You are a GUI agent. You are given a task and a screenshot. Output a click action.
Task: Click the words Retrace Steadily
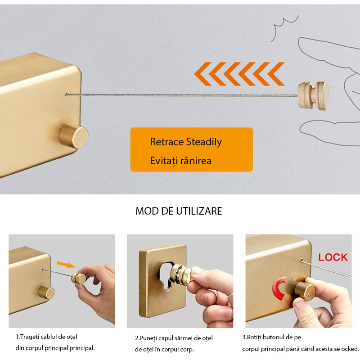[x=186, y=142]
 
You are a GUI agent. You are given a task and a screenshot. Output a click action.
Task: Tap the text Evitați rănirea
[x=181, y=161]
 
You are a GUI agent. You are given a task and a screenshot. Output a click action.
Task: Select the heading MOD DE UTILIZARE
[x=179, y=211]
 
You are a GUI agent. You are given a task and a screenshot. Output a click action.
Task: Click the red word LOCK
[x=333, y=257]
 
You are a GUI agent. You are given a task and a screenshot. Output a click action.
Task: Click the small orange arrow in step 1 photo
[x=66, y=265]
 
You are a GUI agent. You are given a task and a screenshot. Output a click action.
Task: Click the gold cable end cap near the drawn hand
[x=313, y=95]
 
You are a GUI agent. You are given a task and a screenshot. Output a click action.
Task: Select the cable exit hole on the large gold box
[x=66, y=94]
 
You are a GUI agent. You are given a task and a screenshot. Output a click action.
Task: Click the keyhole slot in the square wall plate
[x=165, y=277]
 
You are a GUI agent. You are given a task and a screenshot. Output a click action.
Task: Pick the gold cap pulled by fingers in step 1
[x=78, y=278]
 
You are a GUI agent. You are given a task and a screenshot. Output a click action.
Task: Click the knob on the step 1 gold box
[x=47, y=292]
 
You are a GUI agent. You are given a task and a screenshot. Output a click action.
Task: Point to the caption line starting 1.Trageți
[x=46, y=337]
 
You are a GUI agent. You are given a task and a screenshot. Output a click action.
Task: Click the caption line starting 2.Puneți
[x=174, y=338]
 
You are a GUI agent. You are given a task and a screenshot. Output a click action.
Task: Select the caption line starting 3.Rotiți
[x=272, y=337]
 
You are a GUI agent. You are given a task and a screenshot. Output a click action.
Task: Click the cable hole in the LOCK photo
[x=301, y=261]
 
